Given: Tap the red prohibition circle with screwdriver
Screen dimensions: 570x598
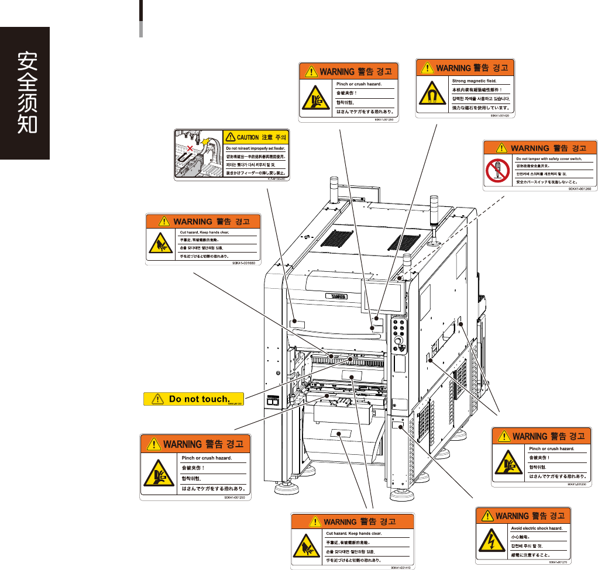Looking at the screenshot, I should pyautogui.click(x=497, y=170).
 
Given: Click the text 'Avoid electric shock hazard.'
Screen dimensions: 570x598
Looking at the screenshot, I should pyautogui.click(x=537, y=528).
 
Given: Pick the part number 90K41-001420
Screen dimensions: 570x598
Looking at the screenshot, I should pyautogui.click(x=503, y=116).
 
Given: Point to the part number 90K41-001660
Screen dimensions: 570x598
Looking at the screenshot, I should pyautogui.click(x=246, y=264).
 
